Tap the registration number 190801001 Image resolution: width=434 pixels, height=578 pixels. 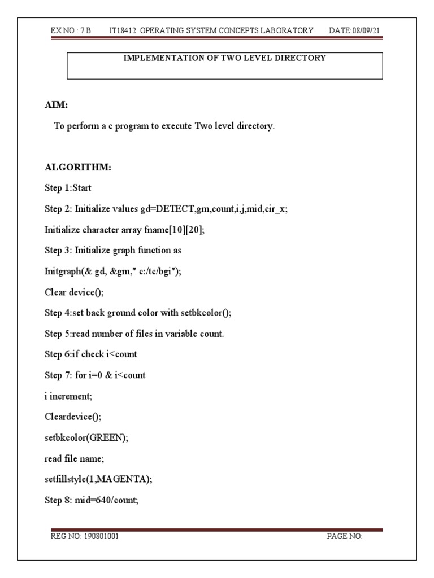[x=101, y=536]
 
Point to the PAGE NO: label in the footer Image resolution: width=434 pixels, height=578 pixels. [x=344, y=536]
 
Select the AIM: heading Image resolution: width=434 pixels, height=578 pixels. [x=56, y=105]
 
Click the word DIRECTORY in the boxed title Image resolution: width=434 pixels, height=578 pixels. [x=302, y=58]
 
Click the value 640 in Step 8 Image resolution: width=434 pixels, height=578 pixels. [x=106, y=501]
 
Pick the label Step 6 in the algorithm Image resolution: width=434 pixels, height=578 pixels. [x=57, y=354]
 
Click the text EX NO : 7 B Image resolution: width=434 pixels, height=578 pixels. [x=71, y=30]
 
